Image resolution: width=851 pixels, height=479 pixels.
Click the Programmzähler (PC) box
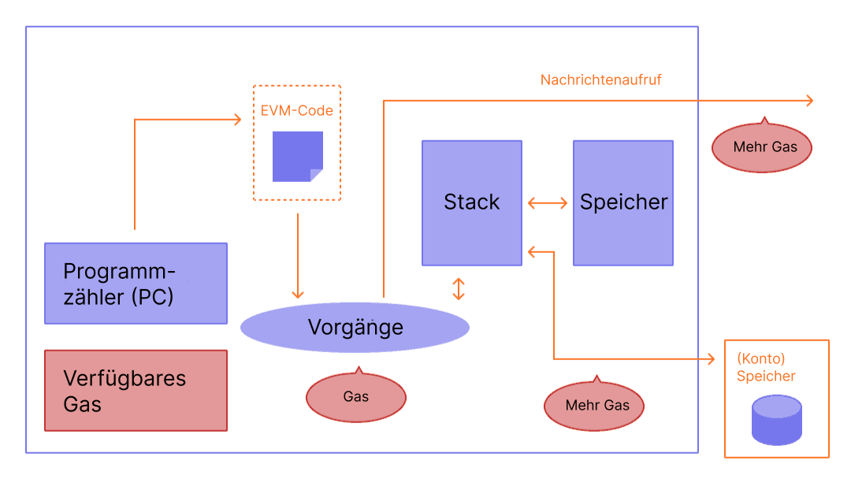136,283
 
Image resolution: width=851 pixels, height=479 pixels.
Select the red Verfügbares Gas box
136,391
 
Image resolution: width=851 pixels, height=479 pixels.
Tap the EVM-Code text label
297,111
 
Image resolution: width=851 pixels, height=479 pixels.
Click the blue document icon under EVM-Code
297,156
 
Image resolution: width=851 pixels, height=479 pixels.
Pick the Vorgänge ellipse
355,327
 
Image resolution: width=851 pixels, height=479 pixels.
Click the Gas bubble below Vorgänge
355,396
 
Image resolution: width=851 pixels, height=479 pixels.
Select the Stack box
471,202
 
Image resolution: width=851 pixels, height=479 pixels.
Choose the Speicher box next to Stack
623,202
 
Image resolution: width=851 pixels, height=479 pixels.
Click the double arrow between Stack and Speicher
548,203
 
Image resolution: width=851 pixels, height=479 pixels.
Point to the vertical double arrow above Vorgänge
459,288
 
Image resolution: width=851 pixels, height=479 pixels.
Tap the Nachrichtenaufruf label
600,80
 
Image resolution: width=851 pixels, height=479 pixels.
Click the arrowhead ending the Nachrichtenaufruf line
808,100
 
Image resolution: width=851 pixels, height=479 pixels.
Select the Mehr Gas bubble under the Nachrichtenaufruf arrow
762,147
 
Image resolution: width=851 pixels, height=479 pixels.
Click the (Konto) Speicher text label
766,367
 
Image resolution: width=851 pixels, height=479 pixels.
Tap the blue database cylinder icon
776,420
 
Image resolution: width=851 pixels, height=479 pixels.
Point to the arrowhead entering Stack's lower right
531,252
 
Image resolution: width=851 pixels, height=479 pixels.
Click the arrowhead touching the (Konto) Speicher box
719,359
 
